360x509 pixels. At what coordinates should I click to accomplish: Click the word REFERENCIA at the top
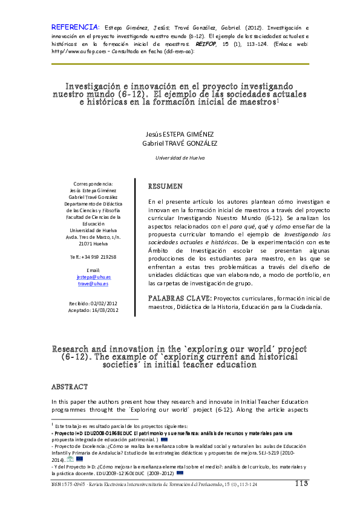point(74,27)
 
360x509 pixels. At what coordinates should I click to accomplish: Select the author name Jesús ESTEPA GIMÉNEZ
point(180,134)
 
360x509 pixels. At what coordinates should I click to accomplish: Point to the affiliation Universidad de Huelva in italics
point(180,157)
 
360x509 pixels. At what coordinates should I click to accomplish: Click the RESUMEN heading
point(166,186)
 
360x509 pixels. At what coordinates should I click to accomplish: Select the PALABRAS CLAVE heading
point(179,298)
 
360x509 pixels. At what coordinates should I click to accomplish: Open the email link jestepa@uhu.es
point(94,276)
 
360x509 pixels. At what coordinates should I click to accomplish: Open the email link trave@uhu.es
point(94,283)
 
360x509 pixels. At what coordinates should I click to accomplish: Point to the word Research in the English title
point(72,349)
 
